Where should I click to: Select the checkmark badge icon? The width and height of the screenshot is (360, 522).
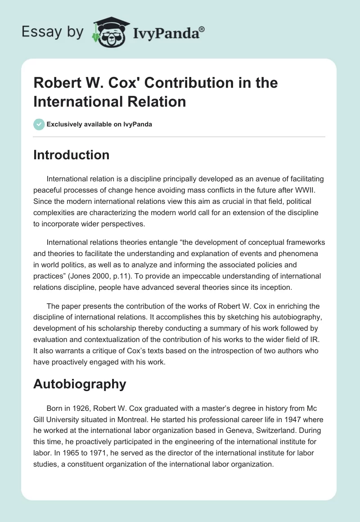tap(39, 124)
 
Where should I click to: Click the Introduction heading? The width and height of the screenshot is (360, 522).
tap(72, 155)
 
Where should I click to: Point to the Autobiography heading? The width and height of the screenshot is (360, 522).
tap(80, 384)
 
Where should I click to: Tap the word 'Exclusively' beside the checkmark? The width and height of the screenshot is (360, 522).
tap(64, 124)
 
